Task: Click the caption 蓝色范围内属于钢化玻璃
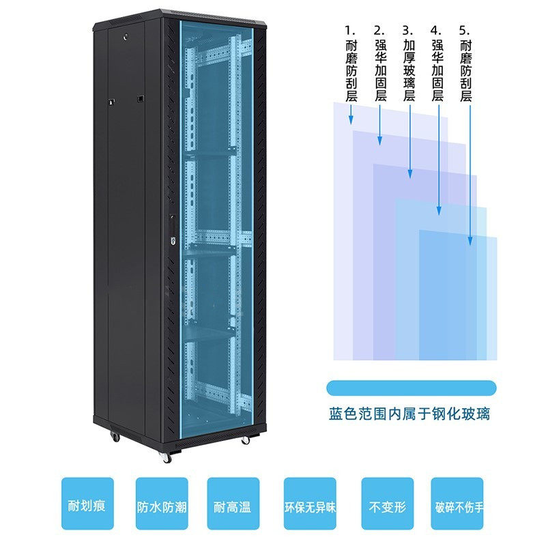click(x=409, y=414)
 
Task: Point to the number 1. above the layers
click(x=351, y=31)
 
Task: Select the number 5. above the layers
click(x=465, y=31)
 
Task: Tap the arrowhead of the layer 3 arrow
click(x=410, y=175)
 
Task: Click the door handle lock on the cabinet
click(x=172, y=231)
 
